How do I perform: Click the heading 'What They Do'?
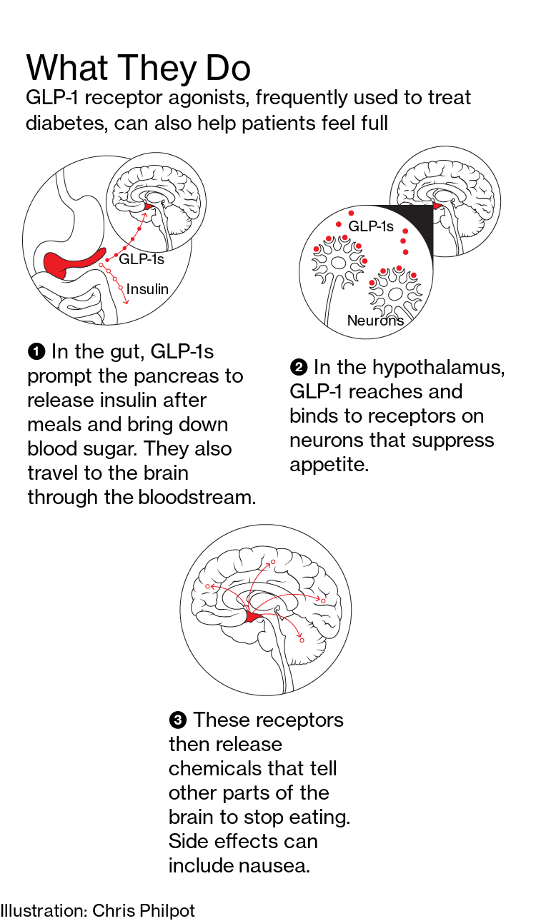(x=139, y=69)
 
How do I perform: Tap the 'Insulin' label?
(x=147, y=289)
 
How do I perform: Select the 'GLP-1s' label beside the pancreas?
(x=142, y=259)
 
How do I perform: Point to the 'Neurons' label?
(x=375, y=321)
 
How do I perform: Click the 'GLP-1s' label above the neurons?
(x=371, y=226)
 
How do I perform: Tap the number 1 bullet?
(x=36, y=352)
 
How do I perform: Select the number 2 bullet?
(x=299, y=367)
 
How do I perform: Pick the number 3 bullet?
(x=177, y=720)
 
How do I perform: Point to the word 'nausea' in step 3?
(x=274, y=865)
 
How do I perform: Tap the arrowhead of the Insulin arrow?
(x=126, y=301)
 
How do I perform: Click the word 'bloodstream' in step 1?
(x=197, y=498)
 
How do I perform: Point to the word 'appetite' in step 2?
(x=329, y=465)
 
